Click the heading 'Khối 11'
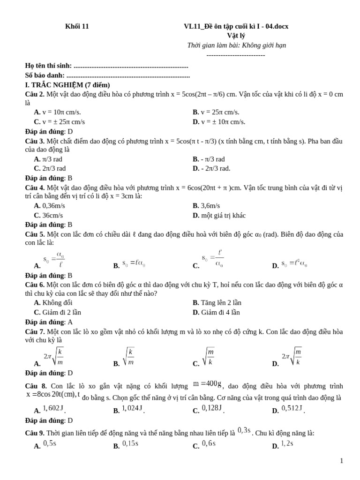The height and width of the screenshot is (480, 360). [x=76, y=26]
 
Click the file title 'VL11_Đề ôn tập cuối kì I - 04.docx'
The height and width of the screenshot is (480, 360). [x=236, y=26]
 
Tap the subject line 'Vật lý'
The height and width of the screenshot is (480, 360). [x=236, y=36]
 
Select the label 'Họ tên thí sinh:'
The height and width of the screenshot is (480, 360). [x=48, y=66]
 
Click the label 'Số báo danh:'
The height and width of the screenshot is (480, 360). [x=45, y=75]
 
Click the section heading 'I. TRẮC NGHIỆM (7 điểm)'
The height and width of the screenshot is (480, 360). [x=67, y=85]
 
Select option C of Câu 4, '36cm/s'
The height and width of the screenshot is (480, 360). [x=49, y=216]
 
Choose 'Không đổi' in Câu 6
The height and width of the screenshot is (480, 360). [x=54, y=303]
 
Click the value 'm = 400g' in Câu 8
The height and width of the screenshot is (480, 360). [x=207, y=385]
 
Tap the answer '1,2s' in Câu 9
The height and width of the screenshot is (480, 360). [x=287, y=443]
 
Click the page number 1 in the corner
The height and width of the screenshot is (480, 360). [x=342, y=461]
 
